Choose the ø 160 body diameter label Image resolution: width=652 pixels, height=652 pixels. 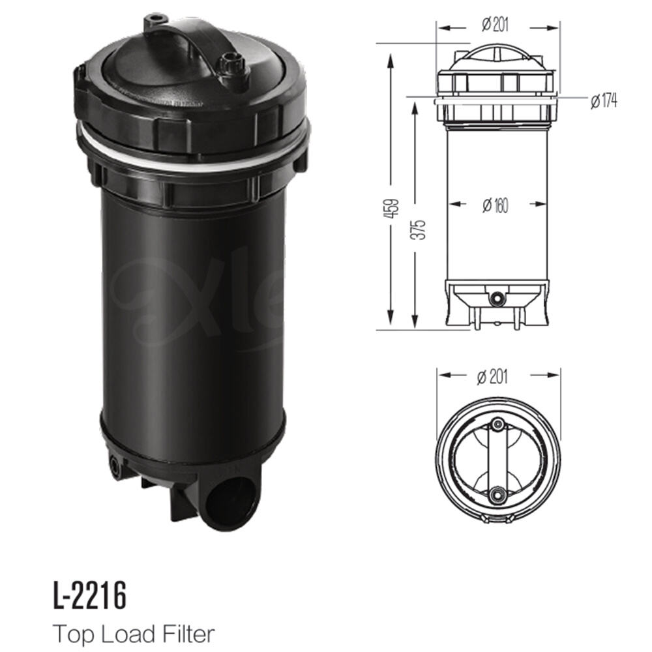click(496, 205)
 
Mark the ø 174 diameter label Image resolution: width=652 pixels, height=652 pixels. click(602, 101)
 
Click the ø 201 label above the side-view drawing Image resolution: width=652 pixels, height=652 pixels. click(496, 26)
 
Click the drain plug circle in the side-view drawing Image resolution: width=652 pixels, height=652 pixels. click(499, 298)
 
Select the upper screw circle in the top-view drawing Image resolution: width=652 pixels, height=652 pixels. click(498, 426)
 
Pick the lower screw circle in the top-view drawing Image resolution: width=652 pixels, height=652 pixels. click(498, 495)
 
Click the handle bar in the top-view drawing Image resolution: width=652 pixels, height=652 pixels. click(498, 460)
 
